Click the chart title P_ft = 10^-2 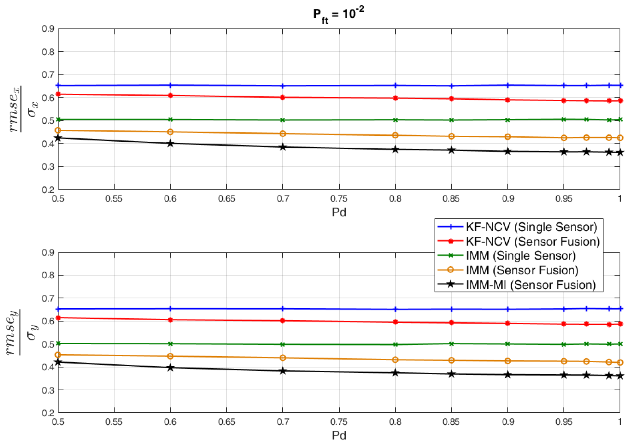point(338,14)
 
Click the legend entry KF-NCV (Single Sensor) point(531,227)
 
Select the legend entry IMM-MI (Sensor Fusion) point(531,285)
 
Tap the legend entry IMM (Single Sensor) point(521,255)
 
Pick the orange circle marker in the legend point(450,270)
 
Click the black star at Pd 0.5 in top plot point(58,138)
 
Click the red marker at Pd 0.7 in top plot point(283,97)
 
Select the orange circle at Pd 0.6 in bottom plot point(170,356)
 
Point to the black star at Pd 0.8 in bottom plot point(395,373)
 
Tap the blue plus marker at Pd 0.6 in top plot point(170,85)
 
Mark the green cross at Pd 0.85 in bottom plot point(451,344)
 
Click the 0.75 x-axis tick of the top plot point(339,199)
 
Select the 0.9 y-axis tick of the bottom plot point(48,252)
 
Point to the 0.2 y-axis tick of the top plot point(48,190)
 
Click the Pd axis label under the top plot point(339,212)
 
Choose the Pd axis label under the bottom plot point(339,435)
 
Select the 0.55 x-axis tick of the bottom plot point(114,422)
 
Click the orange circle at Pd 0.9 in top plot point(507,137)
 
